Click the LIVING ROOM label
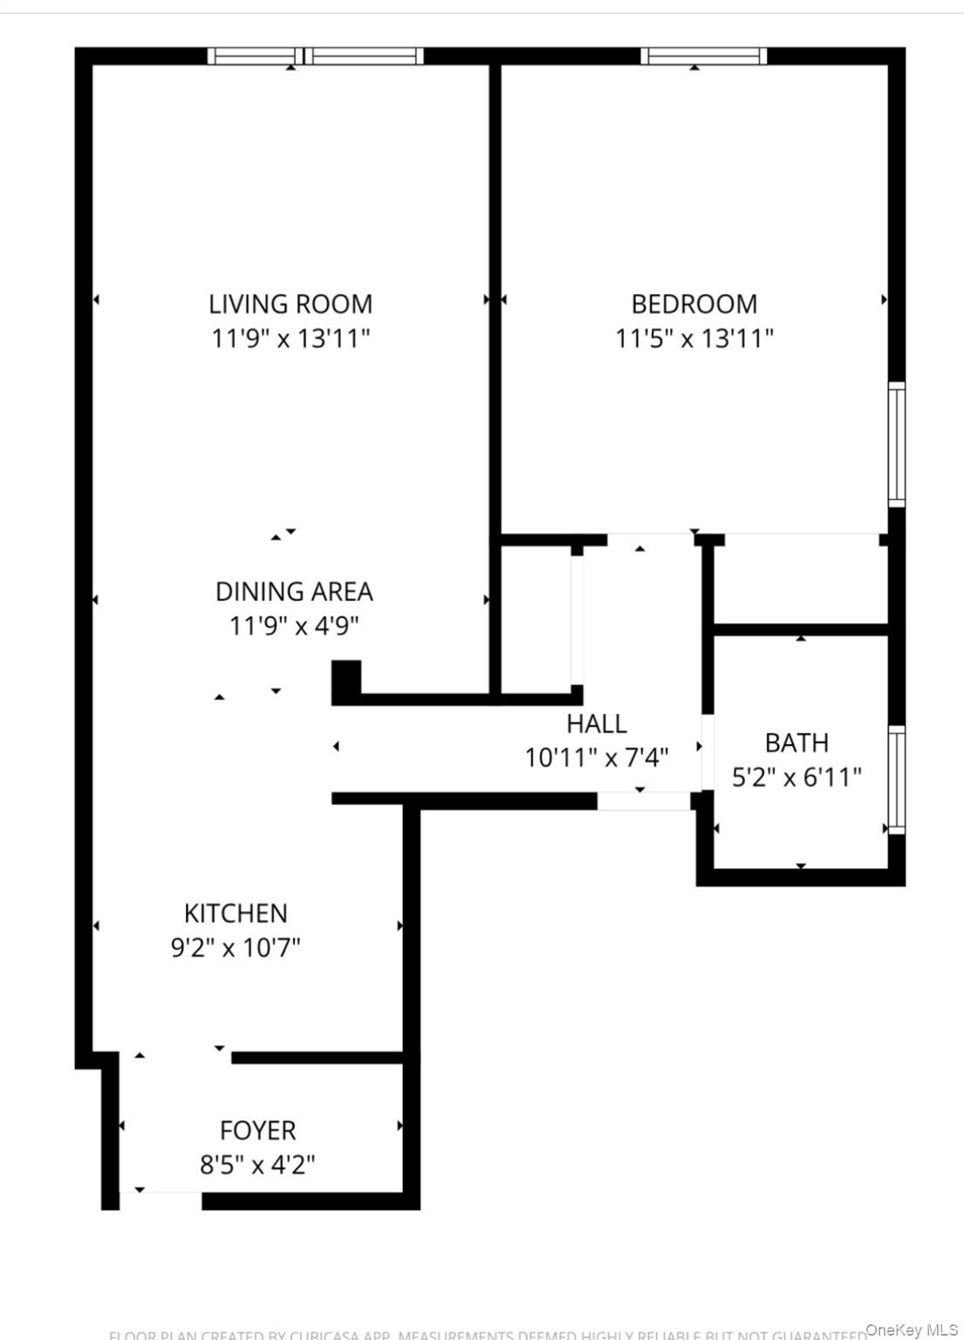(x=290, y=304)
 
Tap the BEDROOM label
(x=694, y=304)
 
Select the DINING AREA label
(x=294, y=591)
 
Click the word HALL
(x=597, y=723)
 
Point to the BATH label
(x=796, y=742)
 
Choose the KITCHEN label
(x=236, y=913)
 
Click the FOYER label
(x=257, y=1131)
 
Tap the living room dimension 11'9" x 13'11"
(x=291, y=338)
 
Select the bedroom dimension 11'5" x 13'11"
(x=694, y=338)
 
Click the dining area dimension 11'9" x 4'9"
(x=294, y=626)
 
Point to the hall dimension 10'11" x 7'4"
(x=597, y=757)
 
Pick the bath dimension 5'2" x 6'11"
(x=796, y=776)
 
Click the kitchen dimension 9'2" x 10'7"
(x=236, y=947)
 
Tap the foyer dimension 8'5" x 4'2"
(x=257, y=1165)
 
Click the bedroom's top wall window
(x=703, y=57)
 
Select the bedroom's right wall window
(x=896, y=444)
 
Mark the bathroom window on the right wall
(x=896, y=779)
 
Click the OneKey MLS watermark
(x=912, y=1330)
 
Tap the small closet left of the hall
(x=536, y=619)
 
